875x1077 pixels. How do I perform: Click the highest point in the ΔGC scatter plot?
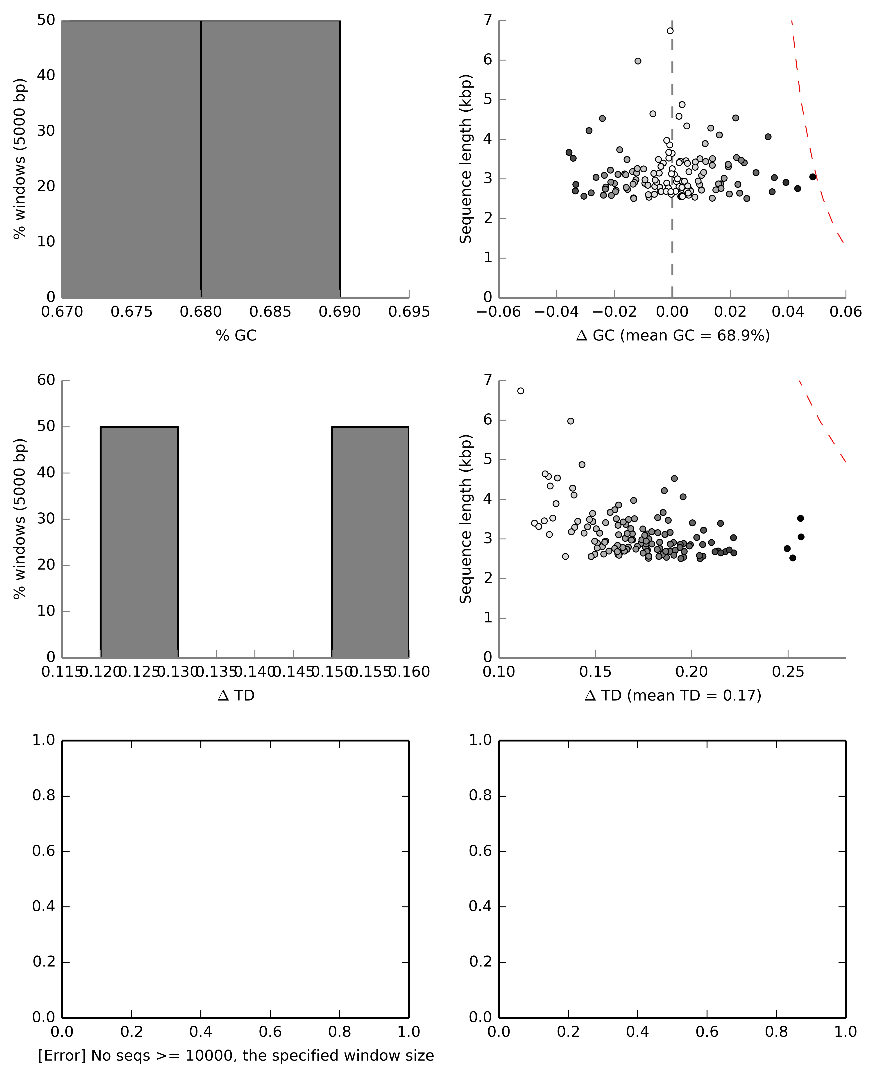(670, 31)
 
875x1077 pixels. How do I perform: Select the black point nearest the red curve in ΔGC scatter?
(812, 177)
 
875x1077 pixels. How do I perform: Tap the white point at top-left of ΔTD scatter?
(521, 391)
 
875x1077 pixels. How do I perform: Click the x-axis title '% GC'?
(236, 336)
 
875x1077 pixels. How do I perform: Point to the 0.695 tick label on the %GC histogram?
(409, 312)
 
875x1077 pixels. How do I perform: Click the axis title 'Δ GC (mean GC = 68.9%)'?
(672, 336)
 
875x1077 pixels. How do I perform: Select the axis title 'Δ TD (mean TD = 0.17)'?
(672, 696)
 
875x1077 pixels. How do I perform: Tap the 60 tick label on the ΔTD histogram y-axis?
(46, 380)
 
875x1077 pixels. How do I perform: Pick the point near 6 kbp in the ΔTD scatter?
(571, 421)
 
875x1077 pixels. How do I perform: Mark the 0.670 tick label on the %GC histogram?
(62, 312)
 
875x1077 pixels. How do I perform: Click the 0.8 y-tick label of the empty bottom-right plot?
(480, 796)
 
